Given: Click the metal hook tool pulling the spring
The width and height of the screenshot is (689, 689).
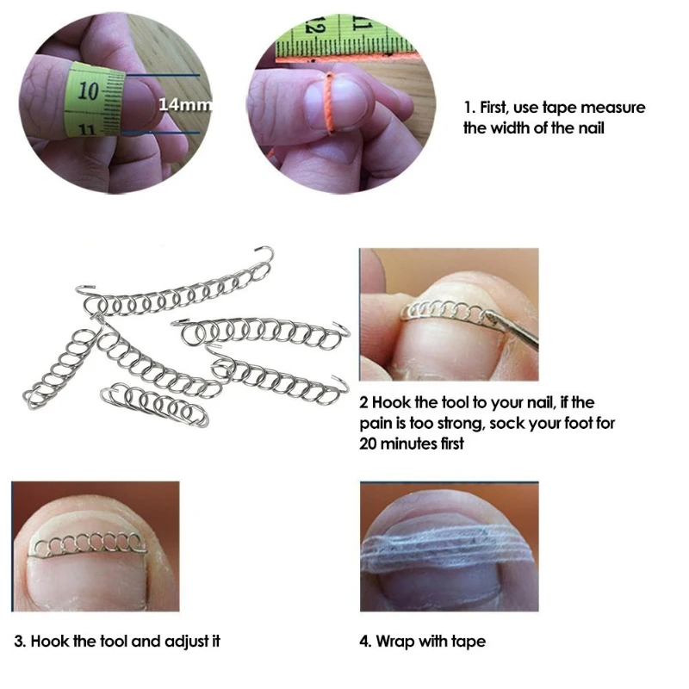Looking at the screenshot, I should [513, 326].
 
